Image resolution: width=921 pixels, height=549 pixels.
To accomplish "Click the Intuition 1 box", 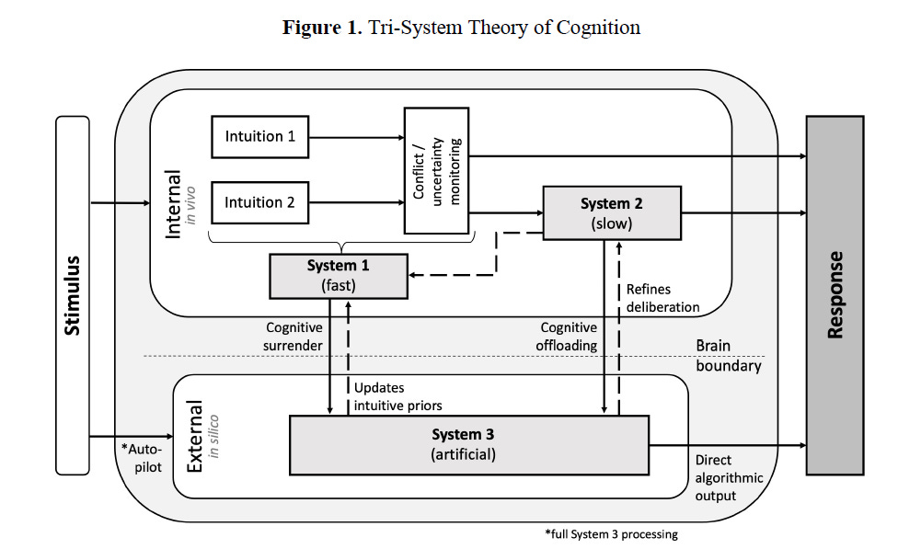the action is tap(259, 137).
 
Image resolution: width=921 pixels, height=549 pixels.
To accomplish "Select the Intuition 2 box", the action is tap(259, 202).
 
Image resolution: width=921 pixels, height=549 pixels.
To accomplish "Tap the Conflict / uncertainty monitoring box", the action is tap(436, 170).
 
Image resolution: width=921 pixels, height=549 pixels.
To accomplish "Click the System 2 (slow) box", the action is tap(612, 213).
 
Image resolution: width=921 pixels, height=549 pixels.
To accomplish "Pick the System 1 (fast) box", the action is tap(339, 276).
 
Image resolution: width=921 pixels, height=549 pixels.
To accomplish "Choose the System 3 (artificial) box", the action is tap(469, 445).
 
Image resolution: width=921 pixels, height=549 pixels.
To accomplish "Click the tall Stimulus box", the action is tap(73, 295).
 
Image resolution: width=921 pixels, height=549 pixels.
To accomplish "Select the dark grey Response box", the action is tap(835, 295).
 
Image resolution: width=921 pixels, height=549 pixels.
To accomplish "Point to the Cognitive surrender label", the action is tap(294, 337).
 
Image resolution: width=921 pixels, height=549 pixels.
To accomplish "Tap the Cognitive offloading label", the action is tap(567, 337).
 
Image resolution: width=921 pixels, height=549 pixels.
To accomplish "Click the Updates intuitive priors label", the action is tap(397, 397).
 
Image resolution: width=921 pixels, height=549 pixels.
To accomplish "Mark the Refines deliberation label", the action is tap(662, 298).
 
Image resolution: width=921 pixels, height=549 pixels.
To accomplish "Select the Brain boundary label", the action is tap(729, 356).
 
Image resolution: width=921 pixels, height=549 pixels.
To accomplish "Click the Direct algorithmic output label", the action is tap(729, 478).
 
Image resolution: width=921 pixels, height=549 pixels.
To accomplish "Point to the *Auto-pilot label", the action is tap(142, 458).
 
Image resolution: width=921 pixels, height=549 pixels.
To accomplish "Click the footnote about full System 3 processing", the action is tap(611, 533).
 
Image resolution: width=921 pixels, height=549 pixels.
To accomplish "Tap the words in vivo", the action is tap(190, 205).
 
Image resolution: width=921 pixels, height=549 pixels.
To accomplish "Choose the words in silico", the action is tap(213, 436).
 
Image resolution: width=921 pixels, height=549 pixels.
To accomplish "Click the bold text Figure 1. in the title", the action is tap(322, 28).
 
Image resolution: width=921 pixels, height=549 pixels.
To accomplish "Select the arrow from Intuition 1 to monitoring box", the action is tap(357, 137).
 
